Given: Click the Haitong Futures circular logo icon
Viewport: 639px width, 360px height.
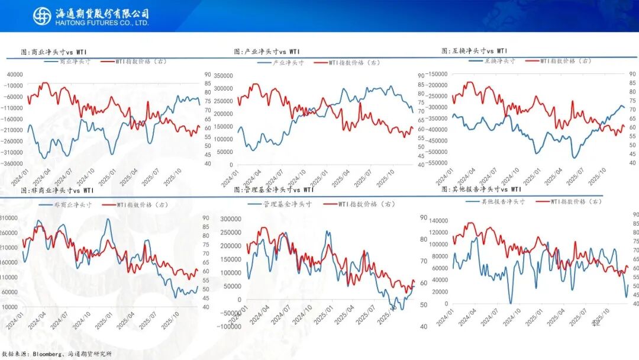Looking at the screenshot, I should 42,16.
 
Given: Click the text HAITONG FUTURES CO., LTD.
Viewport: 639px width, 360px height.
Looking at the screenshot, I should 101,23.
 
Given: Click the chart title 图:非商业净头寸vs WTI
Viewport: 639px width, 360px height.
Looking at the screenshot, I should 57,191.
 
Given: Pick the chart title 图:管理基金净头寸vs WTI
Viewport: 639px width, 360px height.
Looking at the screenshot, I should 274,190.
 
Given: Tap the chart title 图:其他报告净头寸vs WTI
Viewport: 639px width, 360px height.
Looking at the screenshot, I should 482,189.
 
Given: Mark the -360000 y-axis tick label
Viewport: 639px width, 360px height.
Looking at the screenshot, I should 11,163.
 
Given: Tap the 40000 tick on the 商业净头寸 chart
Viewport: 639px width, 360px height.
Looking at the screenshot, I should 13,75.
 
